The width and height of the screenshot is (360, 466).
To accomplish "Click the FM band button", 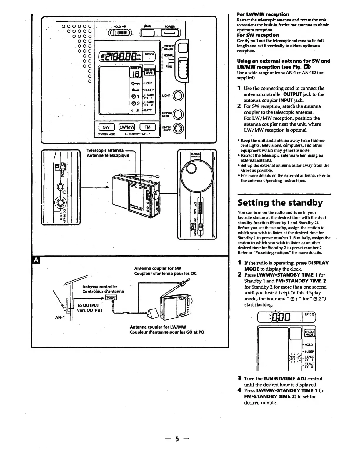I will coord(147,127).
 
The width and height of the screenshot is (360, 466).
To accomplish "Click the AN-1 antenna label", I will coord(60,318).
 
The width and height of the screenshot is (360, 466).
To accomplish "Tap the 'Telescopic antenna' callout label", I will coord(105,150).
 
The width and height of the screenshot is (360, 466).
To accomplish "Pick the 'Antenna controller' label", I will coord(100,287).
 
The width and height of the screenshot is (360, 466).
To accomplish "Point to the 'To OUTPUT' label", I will coord(88,305).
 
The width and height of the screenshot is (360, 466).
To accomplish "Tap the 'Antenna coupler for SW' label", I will coord(157,268).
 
